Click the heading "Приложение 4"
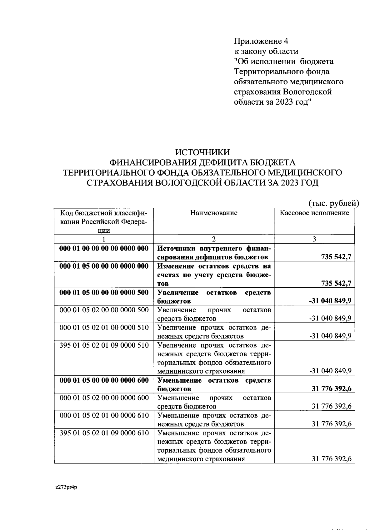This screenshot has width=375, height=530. pos(261,41)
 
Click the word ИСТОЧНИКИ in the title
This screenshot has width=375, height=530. pos(202,152)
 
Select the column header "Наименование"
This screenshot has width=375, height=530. pos(214,213)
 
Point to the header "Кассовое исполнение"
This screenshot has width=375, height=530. pos(314,213)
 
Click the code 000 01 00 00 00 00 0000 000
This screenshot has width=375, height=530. pos(104,249)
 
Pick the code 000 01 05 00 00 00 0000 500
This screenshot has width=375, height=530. pos(104,293)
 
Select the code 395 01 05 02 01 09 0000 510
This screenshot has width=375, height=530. pos(104,345)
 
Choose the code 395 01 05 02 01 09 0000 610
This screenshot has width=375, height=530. pos(104,433)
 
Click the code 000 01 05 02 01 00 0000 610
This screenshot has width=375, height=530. pos(104,416)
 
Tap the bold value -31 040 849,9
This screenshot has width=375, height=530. pos(330,301)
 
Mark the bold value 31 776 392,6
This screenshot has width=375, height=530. pos(332,389)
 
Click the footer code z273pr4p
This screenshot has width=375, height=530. pos(66,488)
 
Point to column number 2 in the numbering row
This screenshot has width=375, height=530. pos(214,239)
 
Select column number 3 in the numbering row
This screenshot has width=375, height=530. pos(314,239)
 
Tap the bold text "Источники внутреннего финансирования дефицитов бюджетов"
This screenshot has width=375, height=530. pos(214,253)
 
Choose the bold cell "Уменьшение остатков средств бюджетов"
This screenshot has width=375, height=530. pos(214,384)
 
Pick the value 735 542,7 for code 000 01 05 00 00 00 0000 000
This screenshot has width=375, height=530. pos(336,283)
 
